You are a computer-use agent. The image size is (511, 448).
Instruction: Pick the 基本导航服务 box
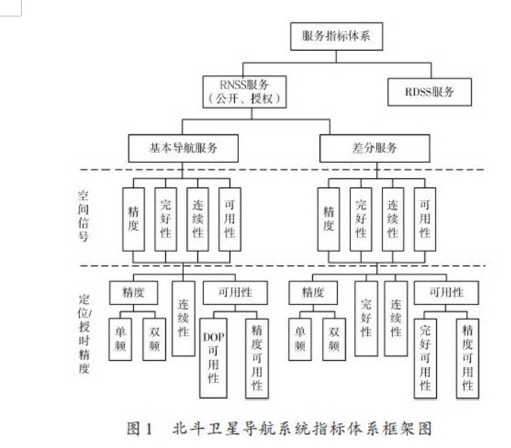click(182, 148)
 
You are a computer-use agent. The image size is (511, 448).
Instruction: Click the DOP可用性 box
click(213, 357)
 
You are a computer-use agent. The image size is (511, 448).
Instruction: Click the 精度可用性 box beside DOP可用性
click(257, 357)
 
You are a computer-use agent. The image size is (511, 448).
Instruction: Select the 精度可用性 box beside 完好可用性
click(468, 357)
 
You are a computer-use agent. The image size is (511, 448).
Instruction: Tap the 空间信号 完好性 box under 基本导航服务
click(165, 219)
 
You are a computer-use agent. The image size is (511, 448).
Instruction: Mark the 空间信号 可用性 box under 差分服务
click(424, 219)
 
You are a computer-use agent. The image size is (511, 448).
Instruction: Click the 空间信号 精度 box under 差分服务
click(329, 219)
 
